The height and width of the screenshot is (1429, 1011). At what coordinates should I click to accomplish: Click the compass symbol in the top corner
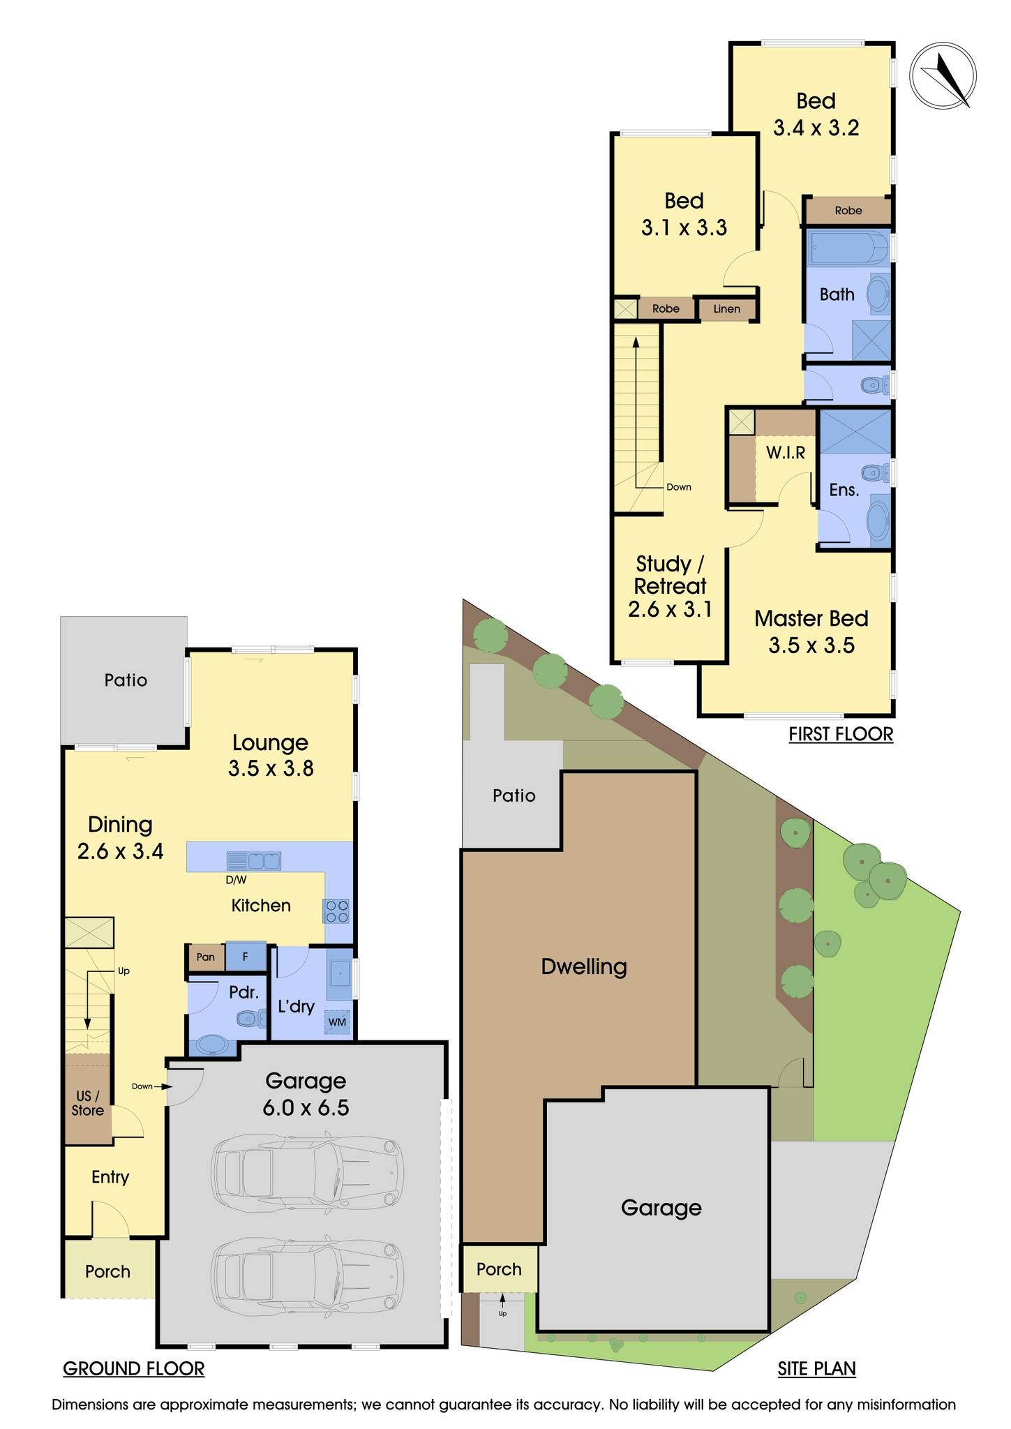coord(943,75)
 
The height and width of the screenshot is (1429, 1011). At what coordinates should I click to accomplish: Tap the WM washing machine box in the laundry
coord(338,1022)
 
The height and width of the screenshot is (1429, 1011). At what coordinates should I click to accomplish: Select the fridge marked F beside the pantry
coord(246,957)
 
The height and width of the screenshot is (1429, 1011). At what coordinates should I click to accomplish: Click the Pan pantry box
coord(206,957)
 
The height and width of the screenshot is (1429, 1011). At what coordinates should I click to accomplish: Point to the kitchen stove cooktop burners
coord(337,911)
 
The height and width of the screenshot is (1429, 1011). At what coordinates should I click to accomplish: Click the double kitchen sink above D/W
coord(254,860)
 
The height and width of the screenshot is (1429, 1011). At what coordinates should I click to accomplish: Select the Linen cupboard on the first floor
coord(726,308)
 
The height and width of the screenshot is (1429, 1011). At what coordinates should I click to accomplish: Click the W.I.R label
coord(786,453)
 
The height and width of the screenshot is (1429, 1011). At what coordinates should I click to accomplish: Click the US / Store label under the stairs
coord(88,1103)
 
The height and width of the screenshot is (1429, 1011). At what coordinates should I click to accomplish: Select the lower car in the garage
coord(308,1276)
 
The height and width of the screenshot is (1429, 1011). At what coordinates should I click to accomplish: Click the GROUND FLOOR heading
coord(134,1369)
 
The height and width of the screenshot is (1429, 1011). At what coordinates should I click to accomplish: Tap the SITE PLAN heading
coord(816,1369)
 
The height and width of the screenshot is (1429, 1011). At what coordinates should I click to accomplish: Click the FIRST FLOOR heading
coord(841,734)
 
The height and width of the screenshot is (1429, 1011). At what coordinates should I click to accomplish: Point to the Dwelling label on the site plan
coord(584,966)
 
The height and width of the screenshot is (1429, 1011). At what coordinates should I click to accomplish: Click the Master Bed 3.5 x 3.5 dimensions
coord(811,645)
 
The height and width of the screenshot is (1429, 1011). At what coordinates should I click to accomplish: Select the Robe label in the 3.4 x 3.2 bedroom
coord(848,210)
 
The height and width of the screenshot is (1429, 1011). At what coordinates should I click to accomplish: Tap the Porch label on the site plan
coord(499,1269)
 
